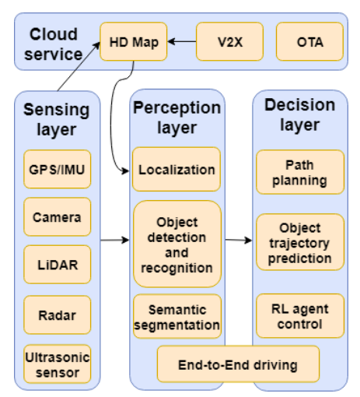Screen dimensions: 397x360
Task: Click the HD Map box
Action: (133, 41)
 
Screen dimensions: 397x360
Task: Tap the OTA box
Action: (309, 41)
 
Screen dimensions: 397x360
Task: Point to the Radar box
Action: (57, 315)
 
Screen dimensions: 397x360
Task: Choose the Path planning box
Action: (299, 172)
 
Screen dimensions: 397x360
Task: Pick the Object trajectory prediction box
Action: (299, 242)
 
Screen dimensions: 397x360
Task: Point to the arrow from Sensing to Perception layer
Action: (114, 240)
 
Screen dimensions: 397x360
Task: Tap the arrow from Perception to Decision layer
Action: (239, 240)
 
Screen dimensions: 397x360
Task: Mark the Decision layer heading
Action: (299, 114)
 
